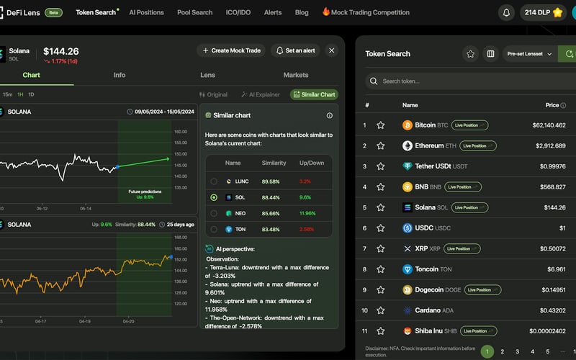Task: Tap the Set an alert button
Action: (x=295, y=50)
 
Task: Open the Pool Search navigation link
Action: (x=194, y=12)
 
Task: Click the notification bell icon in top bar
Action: (x=507, y=12)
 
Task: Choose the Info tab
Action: (x=120, y=75)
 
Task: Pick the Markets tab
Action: (x=296, y=75)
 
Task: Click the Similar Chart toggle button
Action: (x=314, y=94)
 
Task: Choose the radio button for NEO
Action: (x=214, y=213)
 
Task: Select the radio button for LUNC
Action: (x=214, y=181)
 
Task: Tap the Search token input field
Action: (x=468, y=81)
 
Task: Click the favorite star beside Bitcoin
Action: (x=381, y=125)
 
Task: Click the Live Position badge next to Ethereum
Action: (x=474, y=145)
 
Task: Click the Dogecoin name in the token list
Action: (x=428, y=290)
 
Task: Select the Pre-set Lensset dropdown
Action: (x=529, y=54)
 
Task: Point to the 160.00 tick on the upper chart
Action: (x=180, y=132)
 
